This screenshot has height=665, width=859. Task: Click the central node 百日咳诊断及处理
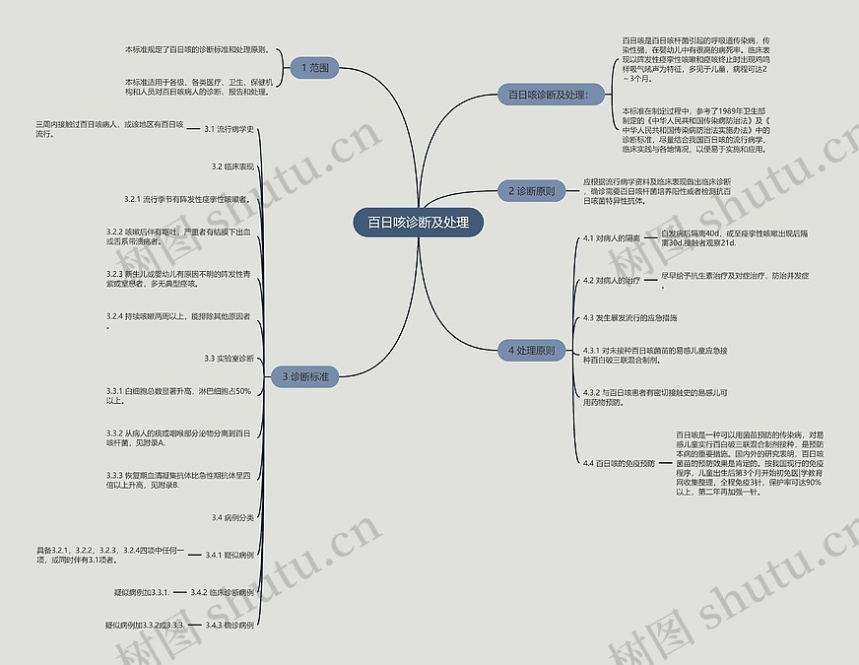(x=419, y=223)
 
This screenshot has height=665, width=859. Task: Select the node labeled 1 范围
(x=315, y=68)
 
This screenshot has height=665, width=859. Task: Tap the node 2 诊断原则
(x=531, y=191)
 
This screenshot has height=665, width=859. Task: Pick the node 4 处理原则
(x=531, y=350)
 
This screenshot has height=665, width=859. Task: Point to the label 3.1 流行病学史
(x=229, y=129)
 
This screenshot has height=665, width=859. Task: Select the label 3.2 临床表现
(x=232, y=166)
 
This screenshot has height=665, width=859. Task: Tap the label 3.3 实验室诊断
(x=229, y=358)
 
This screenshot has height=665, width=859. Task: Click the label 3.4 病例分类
(x=232, y=517)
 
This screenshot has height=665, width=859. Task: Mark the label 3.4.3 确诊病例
(x=229, y=626)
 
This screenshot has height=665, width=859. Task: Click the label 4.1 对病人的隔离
(x=611, y=238)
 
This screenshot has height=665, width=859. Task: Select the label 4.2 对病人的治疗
(x=611, y=281)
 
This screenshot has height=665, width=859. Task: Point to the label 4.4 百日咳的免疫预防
(x=618, y=463)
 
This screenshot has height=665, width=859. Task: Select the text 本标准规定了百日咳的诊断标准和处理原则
(x=197, y=49)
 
